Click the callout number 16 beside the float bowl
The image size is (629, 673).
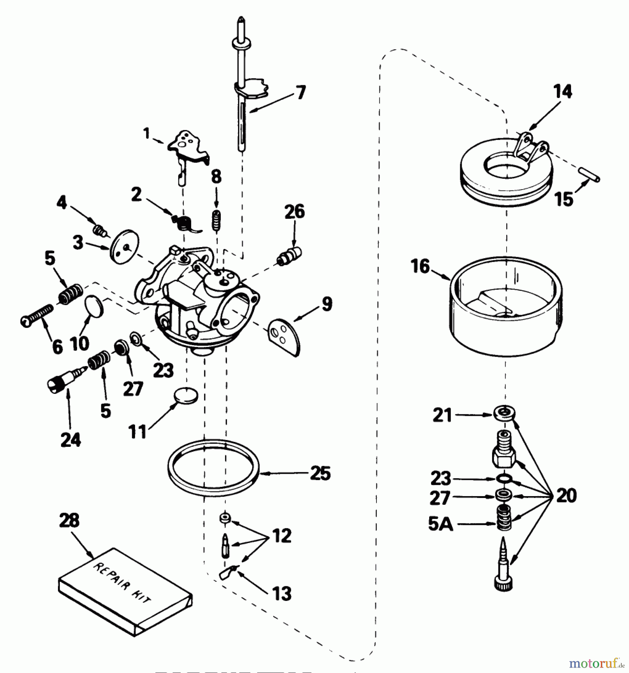(420, 267)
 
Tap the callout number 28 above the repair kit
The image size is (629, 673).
(69, 520)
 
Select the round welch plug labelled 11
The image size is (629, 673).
(186, 395)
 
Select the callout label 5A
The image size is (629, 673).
(440, 524)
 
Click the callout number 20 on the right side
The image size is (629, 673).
(566, 496)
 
